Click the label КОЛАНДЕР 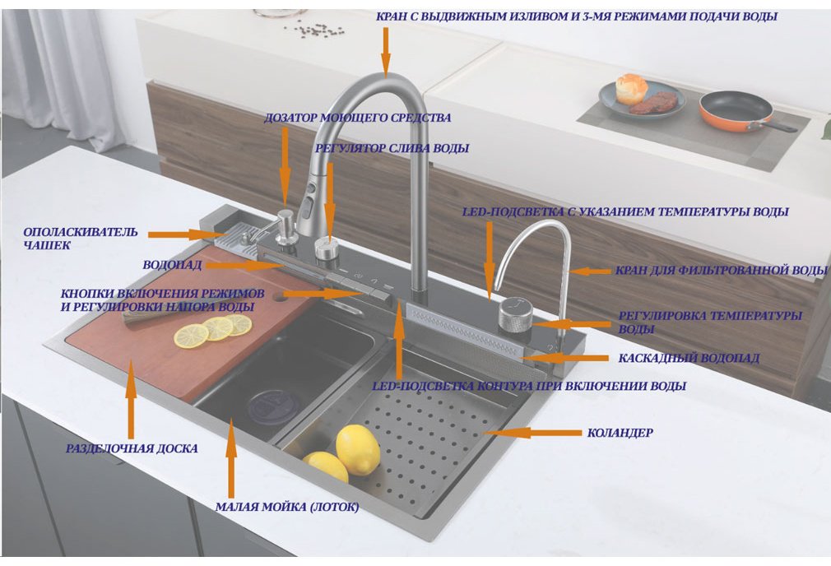point(620,433)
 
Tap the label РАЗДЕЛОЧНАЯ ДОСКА point(132,448)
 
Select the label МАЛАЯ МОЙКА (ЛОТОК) point(286,507)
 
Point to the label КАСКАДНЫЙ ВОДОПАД point(689,358)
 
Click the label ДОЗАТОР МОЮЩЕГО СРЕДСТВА point(357,118)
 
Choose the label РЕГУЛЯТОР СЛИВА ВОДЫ point(392,148)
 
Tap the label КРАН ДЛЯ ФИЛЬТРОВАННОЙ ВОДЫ point(721,271)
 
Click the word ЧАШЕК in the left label point(47,245)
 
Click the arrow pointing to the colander point(532,433)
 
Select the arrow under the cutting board point(131,398)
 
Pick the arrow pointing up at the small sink point(230,458)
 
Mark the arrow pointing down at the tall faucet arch point(385,51)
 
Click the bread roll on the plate point(631,88)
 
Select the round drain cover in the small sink point(274,407)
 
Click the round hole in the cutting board point(279,297)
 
